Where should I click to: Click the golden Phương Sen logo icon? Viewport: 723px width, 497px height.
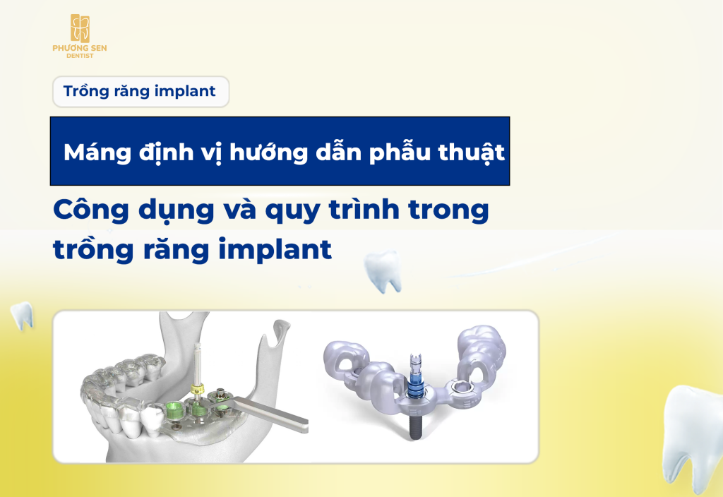[80, 28]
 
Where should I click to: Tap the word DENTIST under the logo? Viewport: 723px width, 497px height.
[80, 55]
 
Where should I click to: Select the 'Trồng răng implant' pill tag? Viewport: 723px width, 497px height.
[140, 91]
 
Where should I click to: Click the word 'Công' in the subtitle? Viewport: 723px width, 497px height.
[88, 211]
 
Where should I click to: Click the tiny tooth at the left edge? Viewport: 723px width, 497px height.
[23, 316]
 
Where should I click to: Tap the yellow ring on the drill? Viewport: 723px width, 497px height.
[197, 390]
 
